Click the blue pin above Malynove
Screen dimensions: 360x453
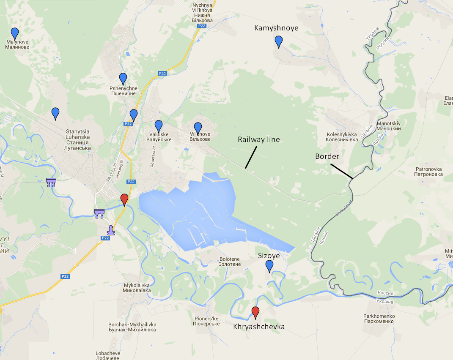[x=15, y=33]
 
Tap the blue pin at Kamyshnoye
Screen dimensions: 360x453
[x=278, y=41]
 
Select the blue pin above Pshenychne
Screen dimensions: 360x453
[x=123, y=78]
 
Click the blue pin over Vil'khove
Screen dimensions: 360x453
[x=198, y=127]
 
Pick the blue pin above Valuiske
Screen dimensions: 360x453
[x=159, y=125]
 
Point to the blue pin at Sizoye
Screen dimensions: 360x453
[x=269, y=265]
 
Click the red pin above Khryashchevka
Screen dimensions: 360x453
[x=255, y=312]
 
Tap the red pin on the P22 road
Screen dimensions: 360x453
[x=124, y=199]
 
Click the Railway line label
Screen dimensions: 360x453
[x=259, y=139]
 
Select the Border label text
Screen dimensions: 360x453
[x=327, y=156]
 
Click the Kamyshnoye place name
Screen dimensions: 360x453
[x=276, y=28]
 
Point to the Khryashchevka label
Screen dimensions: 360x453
[x=259, y=327]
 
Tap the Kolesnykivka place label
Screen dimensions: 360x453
[x=342, y=137]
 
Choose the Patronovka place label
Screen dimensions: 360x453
[x=428, y=172]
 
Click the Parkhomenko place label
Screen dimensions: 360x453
[x=379, y=319]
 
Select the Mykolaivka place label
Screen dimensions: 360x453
[x=137, y=288]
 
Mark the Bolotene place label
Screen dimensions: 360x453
[x=230, y=262]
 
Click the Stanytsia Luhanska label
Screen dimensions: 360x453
[x=78, y=139]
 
